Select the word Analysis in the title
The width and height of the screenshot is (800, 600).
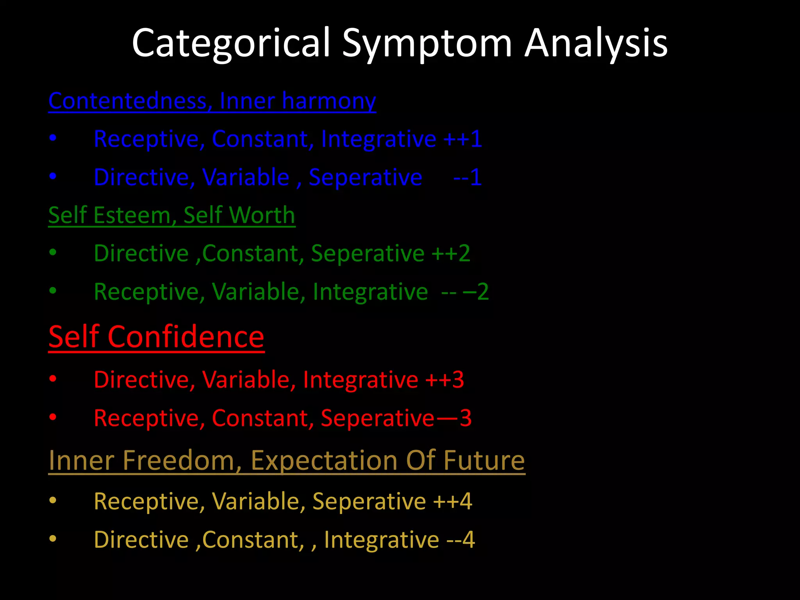[595, 43]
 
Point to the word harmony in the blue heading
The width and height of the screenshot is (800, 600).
[329, 102]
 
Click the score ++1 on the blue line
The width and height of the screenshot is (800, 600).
[463, 139]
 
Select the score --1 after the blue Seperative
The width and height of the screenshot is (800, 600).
[467, 177]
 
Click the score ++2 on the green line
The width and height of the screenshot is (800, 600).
[451, 254]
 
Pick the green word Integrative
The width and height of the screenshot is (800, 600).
[370, 292]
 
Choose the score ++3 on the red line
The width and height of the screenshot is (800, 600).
[445, 380]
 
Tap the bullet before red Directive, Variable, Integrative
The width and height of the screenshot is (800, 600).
[53, 379]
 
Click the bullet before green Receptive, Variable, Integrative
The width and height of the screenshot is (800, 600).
[53, 291]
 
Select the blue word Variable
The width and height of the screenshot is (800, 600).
[246, 177]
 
